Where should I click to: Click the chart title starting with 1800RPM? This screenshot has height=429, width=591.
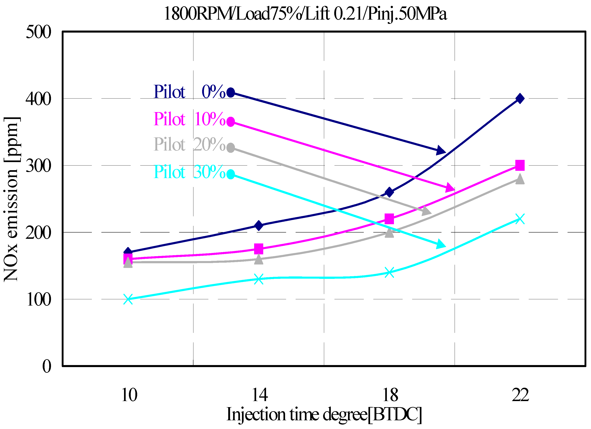pyautogui.click(x=305, y=14)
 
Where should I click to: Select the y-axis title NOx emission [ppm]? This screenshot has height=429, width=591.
pyautogui.click(x=11, y=199)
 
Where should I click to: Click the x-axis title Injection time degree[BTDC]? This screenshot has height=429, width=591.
pyautogui.click(x=324, y=414)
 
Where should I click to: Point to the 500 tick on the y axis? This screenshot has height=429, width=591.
pyautogui.click(x=38, y=32)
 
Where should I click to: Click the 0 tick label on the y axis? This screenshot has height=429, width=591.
pyautogui.click(x=47, y=366)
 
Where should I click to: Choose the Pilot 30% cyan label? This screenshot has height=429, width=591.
pyautogui.click(x=189, y=172)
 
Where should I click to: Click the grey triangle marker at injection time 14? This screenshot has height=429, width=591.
pyautogui.click(x=259, y=260)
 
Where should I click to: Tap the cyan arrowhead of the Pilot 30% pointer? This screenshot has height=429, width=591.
pyautogui.click(x=441, y=244)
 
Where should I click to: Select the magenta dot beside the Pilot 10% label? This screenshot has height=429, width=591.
pyautogui.click(x=231, y=122)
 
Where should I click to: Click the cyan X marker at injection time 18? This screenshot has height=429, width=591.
pyautogui.click(x=389, y=273)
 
